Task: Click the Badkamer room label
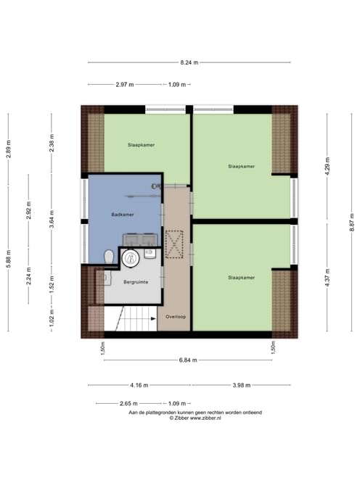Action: point(123,215)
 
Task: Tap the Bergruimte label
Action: point(136,282)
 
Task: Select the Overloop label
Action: point(176,317)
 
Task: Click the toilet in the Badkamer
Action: point(109,257)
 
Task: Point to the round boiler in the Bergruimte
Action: point(131,258)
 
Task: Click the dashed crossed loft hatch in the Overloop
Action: point(174,244)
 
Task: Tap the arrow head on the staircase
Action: point(153,319)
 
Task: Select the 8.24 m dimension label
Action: point(189,62)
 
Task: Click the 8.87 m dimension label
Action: point(352,223)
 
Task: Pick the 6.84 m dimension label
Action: point(188,360)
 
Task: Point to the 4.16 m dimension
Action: point(139,385)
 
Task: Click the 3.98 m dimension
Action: point(242,385)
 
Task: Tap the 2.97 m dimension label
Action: point(125,85)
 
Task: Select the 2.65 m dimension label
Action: point(128,403)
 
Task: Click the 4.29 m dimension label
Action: point(327,166)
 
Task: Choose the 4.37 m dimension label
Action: point(327,278)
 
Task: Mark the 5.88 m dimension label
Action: point(9,259)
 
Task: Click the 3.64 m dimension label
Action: point(52,219)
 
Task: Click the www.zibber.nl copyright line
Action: point(195,418)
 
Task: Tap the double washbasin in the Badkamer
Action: point(140,240)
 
